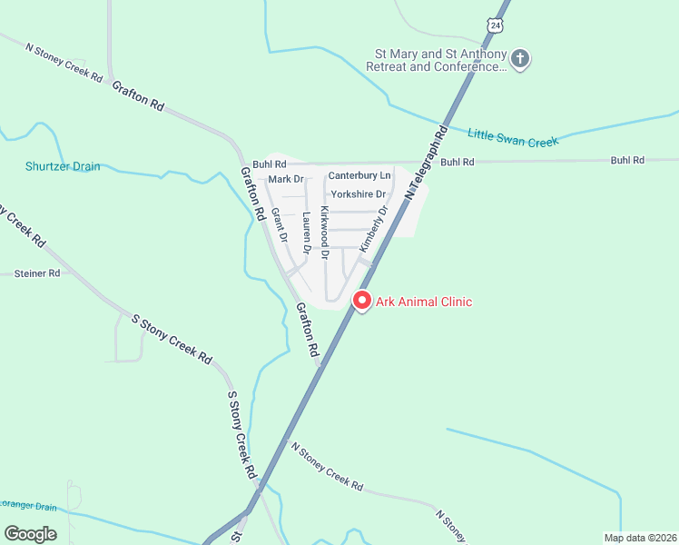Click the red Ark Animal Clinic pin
pyautogui.click(x=362, y=300)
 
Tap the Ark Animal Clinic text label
pyautogui.click(x=424, y=302)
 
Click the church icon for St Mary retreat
pyautogui.click(x=521, y=60)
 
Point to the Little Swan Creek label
pyautogui.click(x=513, y=136)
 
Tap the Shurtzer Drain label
pyautogui.click(x=63, y=166)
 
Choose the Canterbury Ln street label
pyautogui.click(x=359, y=174)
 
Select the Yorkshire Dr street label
pyautogui.click(x=359, y=194)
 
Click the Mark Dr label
pyautogui.click(x=286, y=180)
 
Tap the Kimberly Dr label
pyautogui.click(x=373, y=228)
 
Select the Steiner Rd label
pyautogui.click(x=37, y=272)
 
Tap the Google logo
pyautogui.click(x=30, y=534)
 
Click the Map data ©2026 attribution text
pyautogui.click(x=640, y=538)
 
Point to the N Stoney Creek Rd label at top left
pyautogui.click(x=64, y=63)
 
